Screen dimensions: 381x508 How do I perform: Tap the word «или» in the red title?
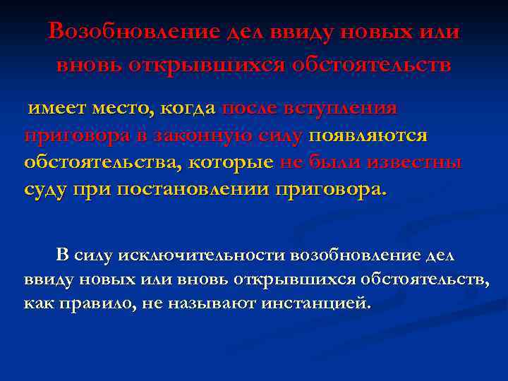[x=442, y=32]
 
